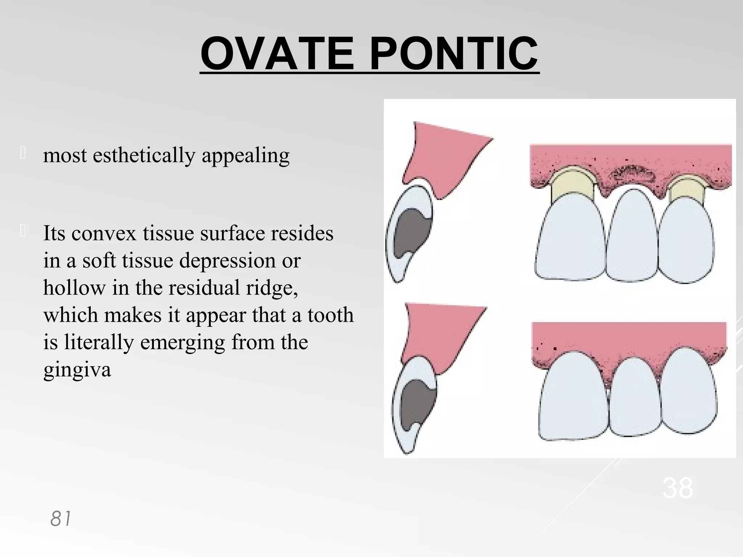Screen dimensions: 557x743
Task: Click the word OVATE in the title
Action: click(x=277, y=54)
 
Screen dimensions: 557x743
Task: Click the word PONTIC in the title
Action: click(x=453, y=54)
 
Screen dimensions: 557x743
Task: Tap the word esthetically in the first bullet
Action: click(x=144, y=156)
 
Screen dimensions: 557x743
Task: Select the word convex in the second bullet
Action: click(x=104, y=234)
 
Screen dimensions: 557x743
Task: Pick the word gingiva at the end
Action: click(x=77, y=370)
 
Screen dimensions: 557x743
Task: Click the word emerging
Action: click(x=182, y=342)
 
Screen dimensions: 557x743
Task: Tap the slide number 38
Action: click(x=678, y=488)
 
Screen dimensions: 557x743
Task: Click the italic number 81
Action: click(x=61, y=519)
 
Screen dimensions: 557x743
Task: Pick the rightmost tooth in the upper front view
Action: click(x=686, y=239)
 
